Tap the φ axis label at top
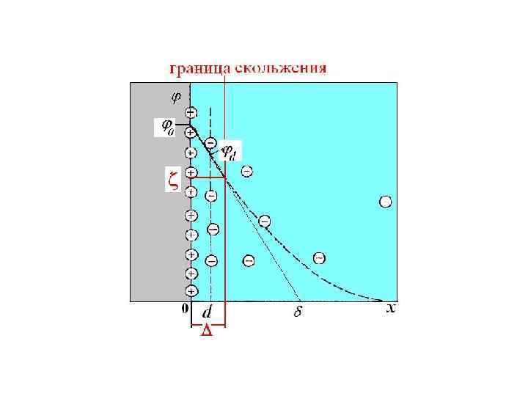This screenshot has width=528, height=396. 177,95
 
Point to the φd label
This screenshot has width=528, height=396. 230,153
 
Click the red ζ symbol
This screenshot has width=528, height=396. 172,180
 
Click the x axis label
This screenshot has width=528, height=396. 391,309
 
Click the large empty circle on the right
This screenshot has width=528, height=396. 385,202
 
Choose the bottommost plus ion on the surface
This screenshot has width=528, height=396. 191,290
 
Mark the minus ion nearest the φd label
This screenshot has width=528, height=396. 210,142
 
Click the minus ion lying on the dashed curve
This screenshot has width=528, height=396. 264,220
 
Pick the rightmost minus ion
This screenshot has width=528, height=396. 319,257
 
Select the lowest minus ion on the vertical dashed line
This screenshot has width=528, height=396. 211,260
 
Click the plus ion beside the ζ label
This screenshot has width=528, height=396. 191,173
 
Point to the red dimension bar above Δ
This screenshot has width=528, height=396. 208,323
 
